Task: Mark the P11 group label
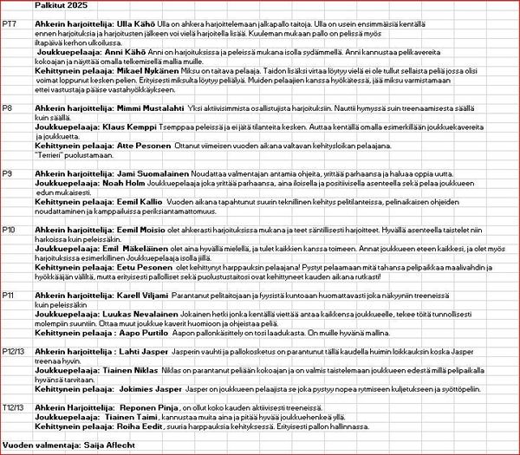[x=9, y=296]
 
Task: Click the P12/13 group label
[x=14, y=351]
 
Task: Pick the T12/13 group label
[x=14, y=405]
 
